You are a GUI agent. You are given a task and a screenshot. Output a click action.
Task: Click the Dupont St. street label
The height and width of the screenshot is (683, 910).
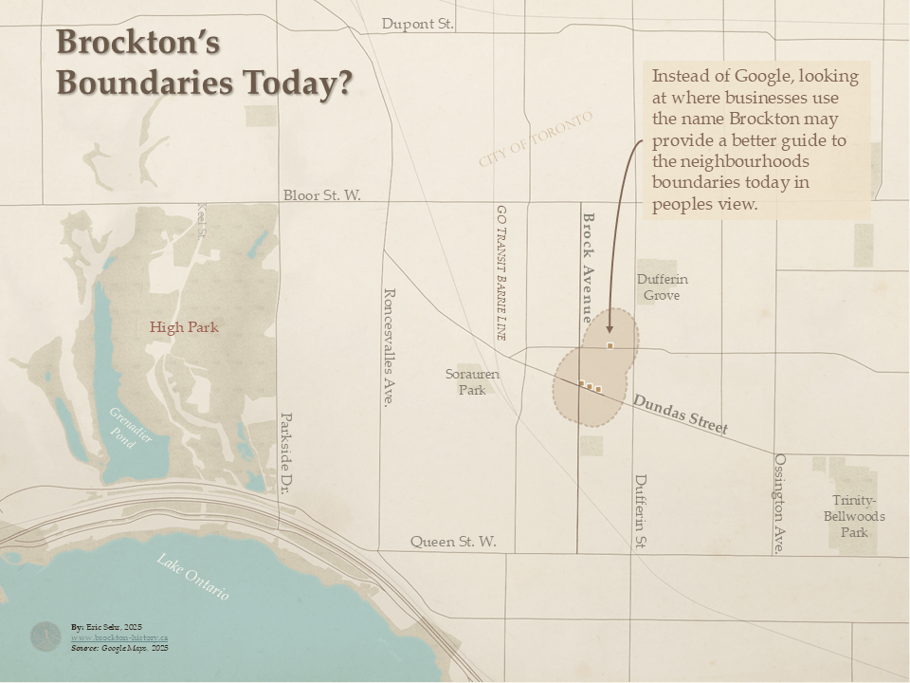click(x=418, y=24)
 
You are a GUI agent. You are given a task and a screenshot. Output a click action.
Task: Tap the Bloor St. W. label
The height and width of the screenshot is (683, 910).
click(x=322, y=195)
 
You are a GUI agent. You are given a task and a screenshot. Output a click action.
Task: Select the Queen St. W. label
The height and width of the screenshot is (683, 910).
click(x=453, y=542)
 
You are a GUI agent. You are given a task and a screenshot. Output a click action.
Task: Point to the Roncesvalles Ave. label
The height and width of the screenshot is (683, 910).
click(x=388, y=347)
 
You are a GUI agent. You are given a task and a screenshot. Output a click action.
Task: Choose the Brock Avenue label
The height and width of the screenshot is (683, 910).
click(x=588, y=268)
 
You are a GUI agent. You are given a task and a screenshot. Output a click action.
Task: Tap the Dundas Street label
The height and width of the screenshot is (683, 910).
click(x=680, y=415)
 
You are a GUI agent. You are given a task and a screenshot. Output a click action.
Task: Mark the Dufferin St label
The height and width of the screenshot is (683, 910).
click(x=641, y=511)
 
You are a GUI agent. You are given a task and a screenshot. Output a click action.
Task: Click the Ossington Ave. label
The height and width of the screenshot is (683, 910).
click(x=780, y=503)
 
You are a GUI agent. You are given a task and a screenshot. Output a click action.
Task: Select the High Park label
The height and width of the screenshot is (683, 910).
click(x=184, y=327)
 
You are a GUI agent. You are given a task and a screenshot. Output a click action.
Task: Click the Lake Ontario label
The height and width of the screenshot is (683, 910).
click(x=193, y=576)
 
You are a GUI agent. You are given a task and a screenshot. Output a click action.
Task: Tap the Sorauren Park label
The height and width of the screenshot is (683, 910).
click(x=472, y=381)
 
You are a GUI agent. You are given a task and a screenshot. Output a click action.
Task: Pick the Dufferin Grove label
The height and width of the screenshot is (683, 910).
click(x=662, y=287)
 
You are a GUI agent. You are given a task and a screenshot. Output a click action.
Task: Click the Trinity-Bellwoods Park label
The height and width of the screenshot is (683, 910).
click(x=854, y=516)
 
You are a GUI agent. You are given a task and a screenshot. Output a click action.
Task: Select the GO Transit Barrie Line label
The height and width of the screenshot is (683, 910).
click(x=501, y=272)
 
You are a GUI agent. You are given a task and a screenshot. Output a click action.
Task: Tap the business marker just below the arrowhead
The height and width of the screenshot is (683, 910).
click(x=610, y=345)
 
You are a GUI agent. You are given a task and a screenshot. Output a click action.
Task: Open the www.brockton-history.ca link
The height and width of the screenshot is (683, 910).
click(x=119, y=637)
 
